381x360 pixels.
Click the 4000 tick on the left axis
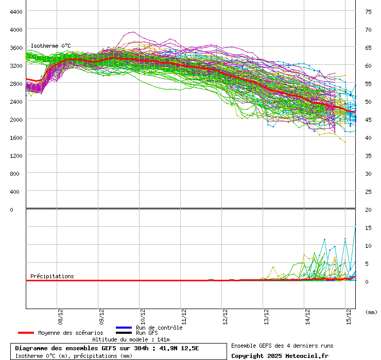16,29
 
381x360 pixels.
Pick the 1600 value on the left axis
16,137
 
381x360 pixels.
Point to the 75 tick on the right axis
368,11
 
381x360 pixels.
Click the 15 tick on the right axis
368,227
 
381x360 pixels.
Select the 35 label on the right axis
368,155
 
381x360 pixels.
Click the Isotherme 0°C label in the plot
50,46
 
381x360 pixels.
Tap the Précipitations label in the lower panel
52,276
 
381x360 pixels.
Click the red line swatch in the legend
26,333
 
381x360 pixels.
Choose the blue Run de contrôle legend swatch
124,328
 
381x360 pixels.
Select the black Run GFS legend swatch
124,333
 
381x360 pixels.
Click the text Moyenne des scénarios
71,333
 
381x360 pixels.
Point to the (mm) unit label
371,312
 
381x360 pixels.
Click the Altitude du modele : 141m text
131,339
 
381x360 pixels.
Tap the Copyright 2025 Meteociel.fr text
280,356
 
